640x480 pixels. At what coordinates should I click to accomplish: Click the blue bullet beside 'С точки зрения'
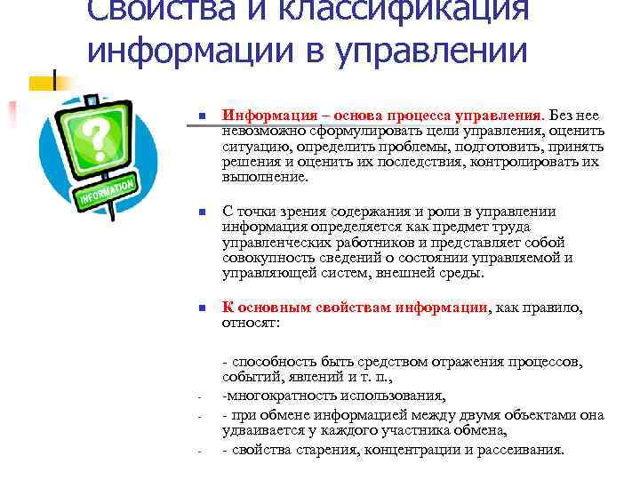tap(202, 212)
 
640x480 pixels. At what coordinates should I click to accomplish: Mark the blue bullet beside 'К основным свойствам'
tap(202, 308)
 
